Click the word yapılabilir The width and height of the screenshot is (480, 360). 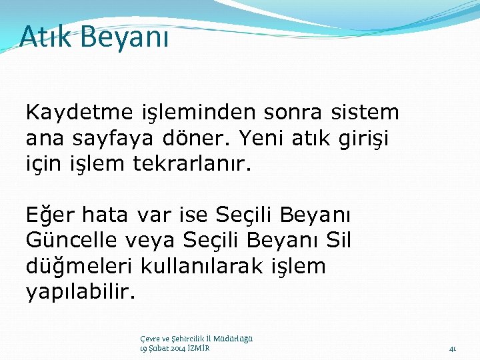(x=79, y=291)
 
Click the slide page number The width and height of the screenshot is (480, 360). (x=452, y=348)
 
